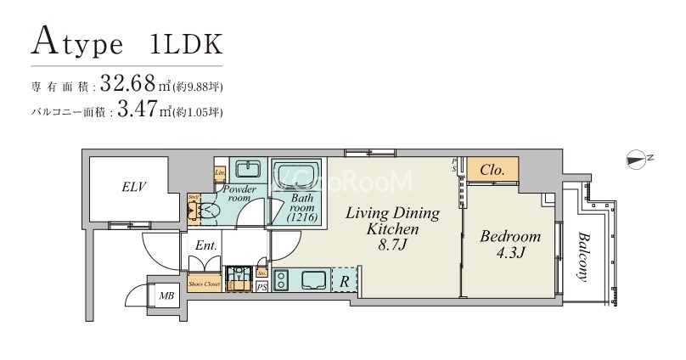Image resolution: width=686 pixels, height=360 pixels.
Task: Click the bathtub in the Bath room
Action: [x=296, y=175]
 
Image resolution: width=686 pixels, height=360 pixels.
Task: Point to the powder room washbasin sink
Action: [x=247, y=166]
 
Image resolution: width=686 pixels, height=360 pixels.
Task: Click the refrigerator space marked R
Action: [x=345, y=279]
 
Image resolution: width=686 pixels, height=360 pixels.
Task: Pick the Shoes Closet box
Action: [x=205, y=284]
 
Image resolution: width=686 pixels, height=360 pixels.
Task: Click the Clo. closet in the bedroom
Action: [x=492, y=170]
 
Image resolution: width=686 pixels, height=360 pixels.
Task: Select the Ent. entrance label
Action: [x=205, y=245]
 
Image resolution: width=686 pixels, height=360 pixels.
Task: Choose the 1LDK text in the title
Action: [x=187, y=44]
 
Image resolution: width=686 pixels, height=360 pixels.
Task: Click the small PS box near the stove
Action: [x=261, y=288]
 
